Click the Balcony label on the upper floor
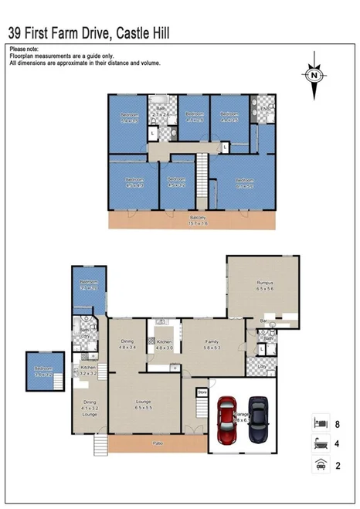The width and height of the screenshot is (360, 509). click(x=199, y=220)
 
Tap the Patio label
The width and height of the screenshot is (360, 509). click(x=158, y=444)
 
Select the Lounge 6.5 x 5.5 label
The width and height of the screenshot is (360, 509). click(x=143, y=404)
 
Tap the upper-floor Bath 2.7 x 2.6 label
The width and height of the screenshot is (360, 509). click(x=161, y=111)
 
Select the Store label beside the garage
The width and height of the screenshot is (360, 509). click(x=202, y=392)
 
